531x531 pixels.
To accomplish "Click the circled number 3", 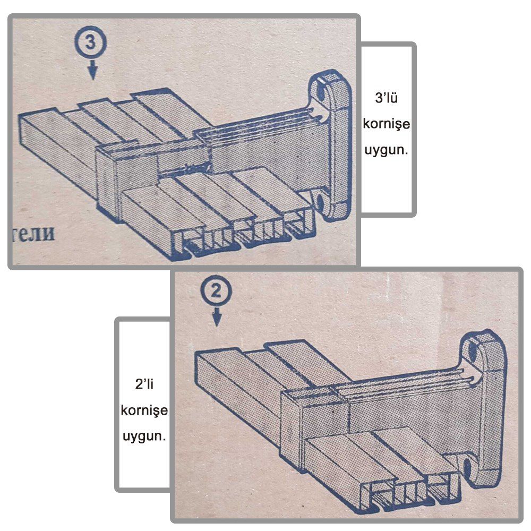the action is (x=90, y=42).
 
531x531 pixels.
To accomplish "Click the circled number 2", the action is (x=216, y=291).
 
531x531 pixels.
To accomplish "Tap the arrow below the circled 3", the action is (x=92, y=71).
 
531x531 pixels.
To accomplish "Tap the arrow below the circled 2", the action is (x=217, y=318).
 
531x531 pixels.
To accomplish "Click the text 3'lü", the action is (x=387, y=98).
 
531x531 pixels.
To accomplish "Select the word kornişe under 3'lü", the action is (x=387, y=124).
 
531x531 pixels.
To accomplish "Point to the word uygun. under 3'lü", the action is (x=387, y=149).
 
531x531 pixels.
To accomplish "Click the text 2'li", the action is (x=144, y=384).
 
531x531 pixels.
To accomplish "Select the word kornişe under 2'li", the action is (x=144, y=410).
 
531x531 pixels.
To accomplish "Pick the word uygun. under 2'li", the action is (x=144, y=436).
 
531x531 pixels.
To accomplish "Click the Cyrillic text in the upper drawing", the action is (x=33, y=233).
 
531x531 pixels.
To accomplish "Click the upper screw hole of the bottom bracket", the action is (x=473, y=352).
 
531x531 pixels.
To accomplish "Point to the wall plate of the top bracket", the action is (x=333, y=145).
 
